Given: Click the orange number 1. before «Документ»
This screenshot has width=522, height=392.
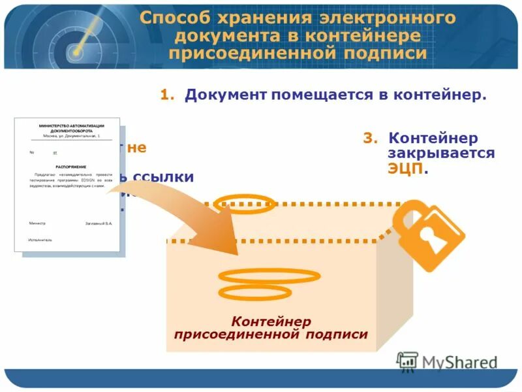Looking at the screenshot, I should pyautogui.click(x=168, y=95).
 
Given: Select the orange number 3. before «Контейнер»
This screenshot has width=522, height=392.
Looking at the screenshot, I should pyautogui.click(x=370, y=139).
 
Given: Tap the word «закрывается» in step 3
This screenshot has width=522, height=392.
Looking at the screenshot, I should pyautogui.click(x=441, y=154).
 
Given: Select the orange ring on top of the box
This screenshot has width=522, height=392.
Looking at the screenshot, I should pyautogui.click(x=244, y=203).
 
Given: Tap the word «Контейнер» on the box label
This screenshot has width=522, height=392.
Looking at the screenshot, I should pyautogui.click(x=271, y=321).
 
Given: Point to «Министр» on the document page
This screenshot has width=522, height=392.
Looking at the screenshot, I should pyautogui.click(x=38, y=223).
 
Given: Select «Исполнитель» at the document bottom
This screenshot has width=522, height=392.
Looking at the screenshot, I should pyautogui.click(x=40, y=240).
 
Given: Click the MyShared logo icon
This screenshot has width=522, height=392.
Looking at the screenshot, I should pyautogui.click(x=408, y=361).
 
